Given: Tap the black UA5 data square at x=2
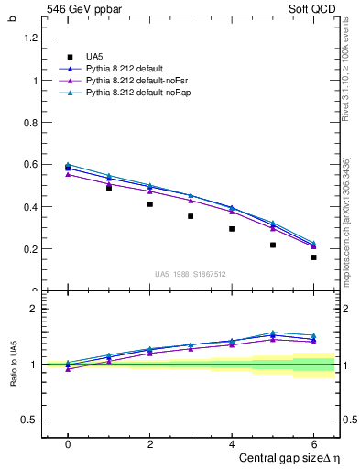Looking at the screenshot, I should [x=150, y=204].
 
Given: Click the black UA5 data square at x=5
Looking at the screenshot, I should [x=273, y=245].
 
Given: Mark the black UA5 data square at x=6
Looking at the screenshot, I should [x=313, y=257].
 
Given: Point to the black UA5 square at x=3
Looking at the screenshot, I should [x=191, y=216].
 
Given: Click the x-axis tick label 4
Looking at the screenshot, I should [x=232, y=443].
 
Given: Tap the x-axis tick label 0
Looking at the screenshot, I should [x=68, y=443].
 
